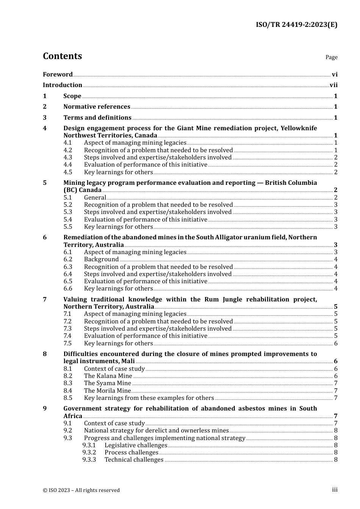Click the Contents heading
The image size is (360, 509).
[x=62, y=56]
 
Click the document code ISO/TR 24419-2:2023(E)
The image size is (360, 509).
[x=296, y=25]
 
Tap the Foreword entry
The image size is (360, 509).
[x=58, y=74]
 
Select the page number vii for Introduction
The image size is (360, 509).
[x=333, y=85]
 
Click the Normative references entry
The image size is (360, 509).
[x=97, y=107]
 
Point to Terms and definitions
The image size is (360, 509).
[x=97, y=118]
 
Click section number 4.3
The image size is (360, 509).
[x=68, y=158]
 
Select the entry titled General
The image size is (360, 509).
[x=95, y=198]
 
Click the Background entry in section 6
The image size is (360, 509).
[x=101, y=259]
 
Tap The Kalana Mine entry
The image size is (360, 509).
[x=108, y=376]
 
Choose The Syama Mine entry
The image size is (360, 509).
[x=108, y=383]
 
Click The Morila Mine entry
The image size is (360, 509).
[x=107, y=391]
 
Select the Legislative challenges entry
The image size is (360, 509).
[x=136, y=445]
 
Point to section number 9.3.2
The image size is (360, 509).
[x=89, y=453]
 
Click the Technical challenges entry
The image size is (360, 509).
[x=134, y=460]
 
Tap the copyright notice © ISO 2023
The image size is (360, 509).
[x=81, y=490]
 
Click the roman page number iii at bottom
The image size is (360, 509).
[x=335, y=490]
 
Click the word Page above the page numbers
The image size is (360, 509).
[x=331, y=57]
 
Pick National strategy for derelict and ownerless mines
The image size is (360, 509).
[x=156, y=431]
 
